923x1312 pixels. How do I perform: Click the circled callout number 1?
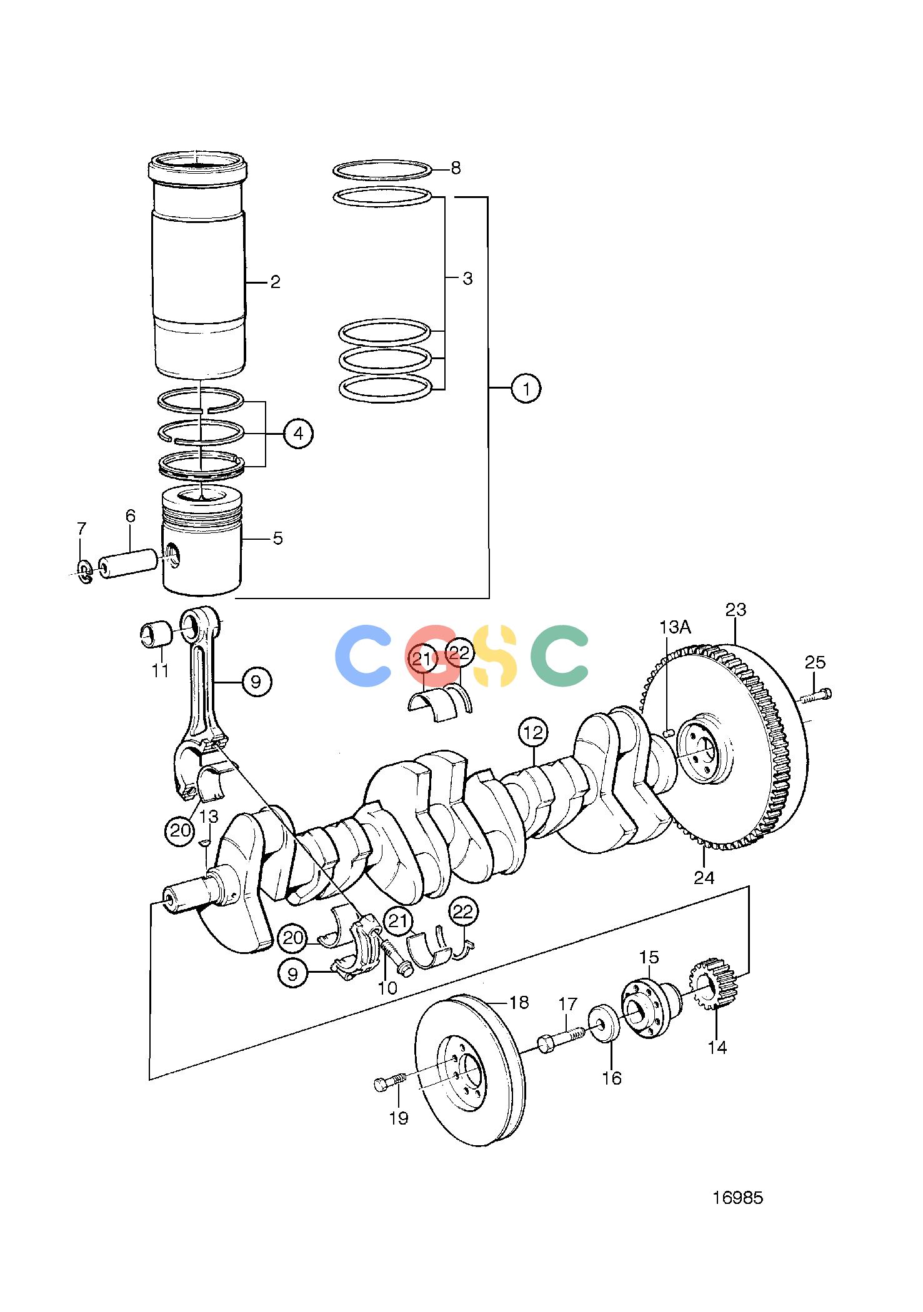(526, 389)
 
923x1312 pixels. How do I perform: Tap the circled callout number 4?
(298, 433)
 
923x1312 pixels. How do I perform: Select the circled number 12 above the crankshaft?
(533, 733)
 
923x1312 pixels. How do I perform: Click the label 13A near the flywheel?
(676, 627)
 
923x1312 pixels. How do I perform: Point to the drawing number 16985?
(738, 1198)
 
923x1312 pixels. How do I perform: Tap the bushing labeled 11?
(155, 635)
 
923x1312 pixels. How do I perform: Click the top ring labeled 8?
(382, 169)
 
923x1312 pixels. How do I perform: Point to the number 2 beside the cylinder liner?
(275, 282)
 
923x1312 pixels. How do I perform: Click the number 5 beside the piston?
(277, 538)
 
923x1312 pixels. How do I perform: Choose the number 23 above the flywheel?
(736, 609)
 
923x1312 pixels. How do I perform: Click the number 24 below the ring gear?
(704, 878)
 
